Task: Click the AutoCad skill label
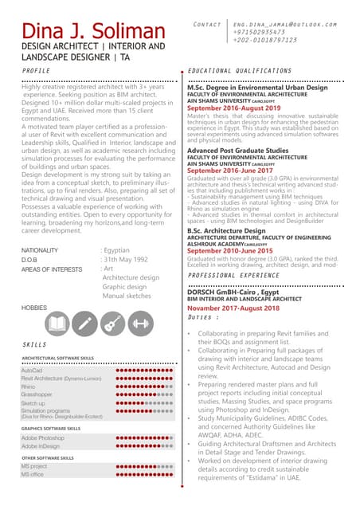click(x=32, y=371)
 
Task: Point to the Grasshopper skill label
click(x=37, y=394)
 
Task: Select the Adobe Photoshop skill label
click(x=43, y=438)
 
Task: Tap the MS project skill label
click(x=34, y=466)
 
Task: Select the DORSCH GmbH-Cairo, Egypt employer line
click(x=229, y=292)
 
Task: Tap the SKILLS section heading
click(x=34, y=344)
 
